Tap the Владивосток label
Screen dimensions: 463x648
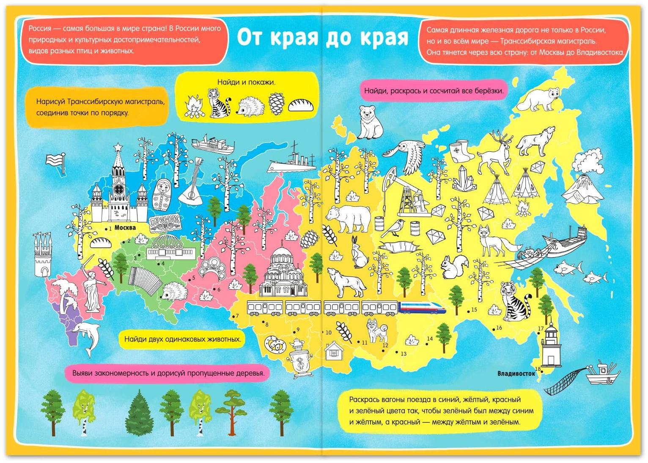click(516, 373)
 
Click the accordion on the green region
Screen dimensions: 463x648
click(143, 280)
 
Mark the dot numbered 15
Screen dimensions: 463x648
click(469, 312)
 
